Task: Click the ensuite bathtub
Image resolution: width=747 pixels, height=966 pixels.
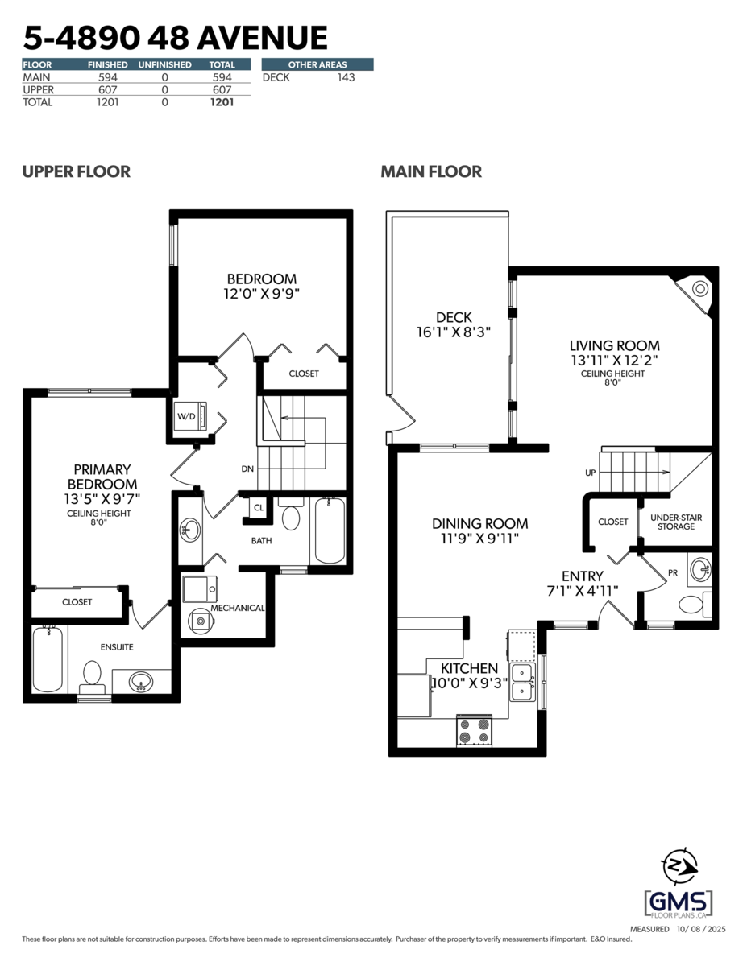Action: point(48,658)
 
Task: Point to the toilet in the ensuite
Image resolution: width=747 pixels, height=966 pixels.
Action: point(92,675)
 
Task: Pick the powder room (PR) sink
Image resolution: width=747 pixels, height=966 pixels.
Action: point(700,569)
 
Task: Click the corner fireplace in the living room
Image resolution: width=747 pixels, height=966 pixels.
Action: point(698,289)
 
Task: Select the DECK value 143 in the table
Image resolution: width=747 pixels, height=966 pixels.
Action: point(345,77)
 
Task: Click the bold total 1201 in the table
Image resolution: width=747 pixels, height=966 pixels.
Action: point(222,102)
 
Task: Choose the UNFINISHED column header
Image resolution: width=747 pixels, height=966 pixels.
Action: point(164,64)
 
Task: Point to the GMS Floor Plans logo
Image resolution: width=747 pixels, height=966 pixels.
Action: point(679,894)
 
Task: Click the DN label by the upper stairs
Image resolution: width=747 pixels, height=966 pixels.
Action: point(247,468)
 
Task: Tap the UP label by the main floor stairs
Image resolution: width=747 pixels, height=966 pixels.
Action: point(591,473)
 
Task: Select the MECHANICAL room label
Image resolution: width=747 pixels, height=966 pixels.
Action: point(238,608)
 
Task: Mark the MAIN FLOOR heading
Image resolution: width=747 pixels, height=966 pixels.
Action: point(431,171)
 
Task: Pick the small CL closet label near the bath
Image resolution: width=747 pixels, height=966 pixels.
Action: point(258,508)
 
